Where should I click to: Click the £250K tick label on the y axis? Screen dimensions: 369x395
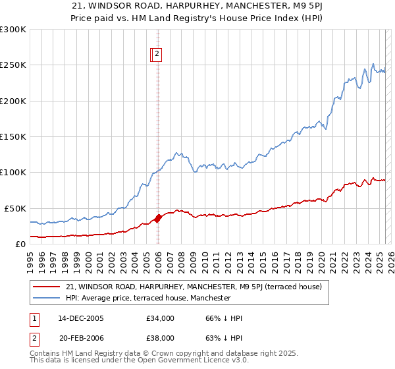13,65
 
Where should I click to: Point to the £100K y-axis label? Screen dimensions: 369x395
13,173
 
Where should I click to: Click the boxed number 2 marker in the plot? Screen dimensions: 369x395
159,55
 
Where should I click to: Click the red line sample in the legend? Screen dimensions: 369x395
47,287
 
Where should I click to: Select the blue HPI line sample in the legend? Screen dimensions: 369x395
47,298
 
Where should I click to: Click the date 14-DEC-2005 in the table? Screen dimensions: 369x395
81,318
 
